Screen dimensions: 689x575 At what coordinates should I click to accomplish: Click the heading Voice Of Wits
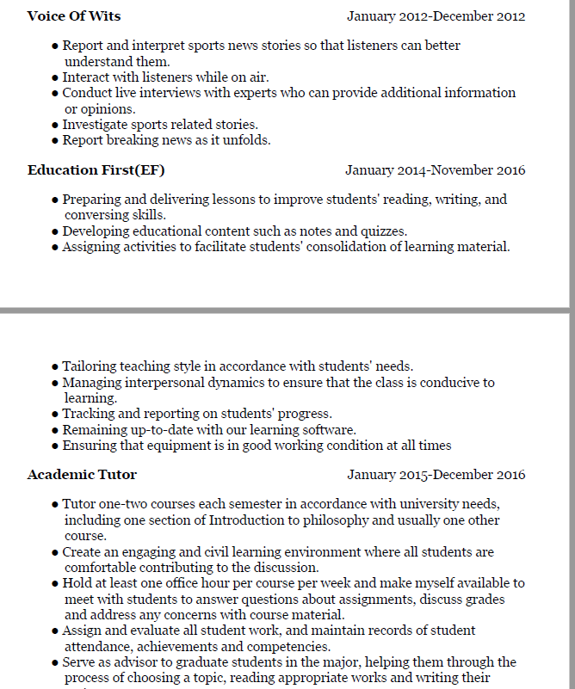74,16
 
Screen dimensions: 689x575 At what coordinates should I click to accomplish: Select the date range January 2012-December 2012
436,16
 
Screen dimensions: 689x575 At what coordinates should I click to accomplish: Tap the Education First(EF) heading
96,170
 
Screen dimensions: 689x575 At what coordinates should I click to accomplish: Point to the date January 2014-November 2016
435,170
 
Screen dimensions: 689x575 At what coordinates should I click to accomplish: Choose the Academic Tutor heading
82,475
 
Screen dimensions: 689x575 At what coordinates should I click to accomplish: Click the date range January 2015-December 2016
436,475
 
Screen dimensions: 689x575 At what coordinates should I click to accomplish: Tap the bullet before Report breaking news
56,140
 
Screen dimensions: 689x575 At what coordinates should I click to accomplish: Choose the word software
329,429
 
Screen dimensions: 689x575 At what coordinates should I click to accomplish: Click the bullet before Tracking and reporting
56,414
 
